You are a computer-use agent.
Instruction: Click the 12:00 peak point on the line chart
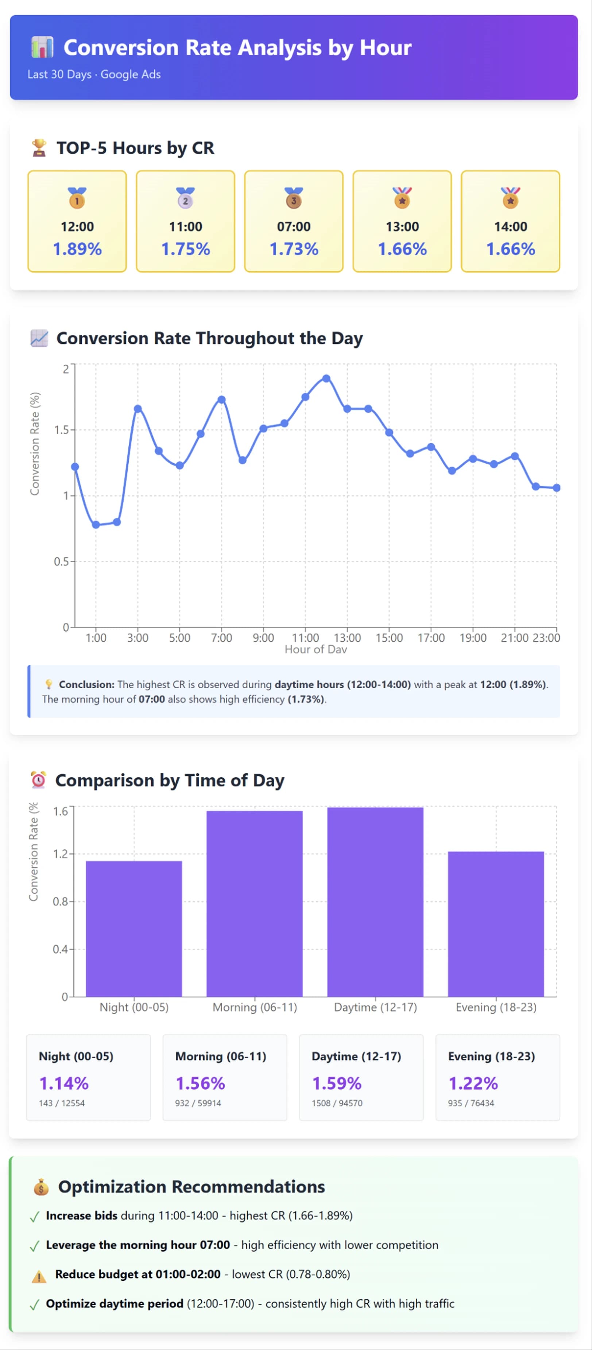point(326,378)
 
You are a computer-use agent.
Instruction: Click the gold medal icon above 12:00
point(77,198)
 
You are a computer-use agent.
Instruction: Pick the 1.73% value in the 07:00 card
point(294,249)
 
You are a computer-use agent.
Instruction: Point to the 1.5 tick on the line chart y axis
point(61,430)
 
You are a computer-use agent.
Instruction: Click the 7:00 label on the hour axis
point(221,638)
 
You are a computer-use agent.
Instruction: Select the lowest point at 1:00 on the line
point(96,525)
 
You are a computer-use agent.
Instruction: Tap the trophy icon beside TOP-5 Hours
point(39,148)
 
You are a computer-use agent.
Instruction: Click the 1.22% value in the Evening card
point(472,1083)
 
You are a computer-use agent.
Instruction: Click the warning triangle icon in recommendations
point(39,1276)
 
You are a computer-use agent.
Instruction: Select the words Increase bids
point(81,1216)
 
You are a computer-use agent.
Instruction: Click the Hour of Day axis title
point(316,649)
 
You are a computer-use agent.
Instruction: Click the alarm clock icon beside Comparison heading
point(38,780)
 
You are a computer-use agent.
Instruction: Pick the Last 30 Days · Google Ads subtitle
point(94,74)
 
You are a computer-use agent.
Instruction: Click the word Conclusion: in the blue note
point(86,684)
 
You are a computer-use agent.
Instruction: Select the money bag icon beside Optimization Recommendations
point(41,1187)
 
